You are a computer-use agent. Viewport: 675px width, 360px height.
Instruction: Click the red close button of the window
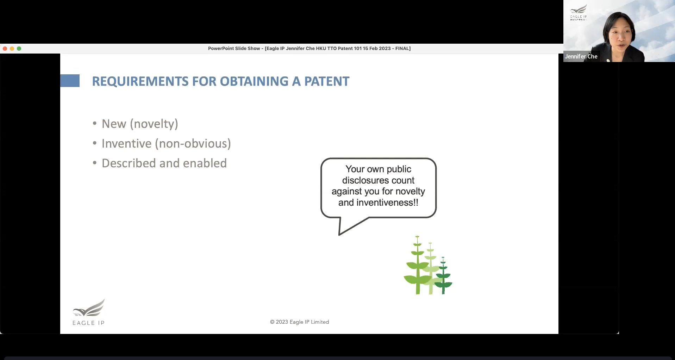[x=5, y=49]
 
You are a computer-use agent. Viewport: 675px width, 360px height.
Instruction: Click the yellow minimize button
[x=12, y=49]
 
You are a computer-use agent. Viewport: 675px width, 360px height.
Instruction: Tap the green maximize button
[x=19, y=49]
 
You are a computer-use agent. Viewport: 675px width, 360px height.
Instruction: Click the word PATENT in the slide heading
[x=327, y=81]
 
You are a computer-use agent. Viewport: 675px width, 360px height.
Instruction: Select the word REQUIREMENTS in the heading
[x=140, y=81]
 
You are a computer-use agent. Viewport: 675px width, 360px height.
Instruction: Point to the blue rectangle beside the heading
[x=70, y=81]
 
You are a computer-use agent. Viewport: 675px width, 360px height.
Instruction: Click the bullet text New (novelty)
[x=140, y=124]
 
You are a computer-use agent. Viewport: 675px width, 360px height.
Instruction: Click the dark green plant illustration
[x=443, y=275]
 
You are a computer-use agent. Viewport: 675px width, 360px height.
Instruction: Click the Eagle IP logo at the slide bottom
[x=88, y=312]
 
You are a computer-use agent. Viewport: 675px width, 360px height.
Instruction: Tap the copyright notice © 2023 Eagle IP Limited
[x=299, y=322]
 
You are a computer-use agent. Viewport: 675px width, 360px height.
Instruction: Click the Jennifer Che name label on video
[x=581, y=56]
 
